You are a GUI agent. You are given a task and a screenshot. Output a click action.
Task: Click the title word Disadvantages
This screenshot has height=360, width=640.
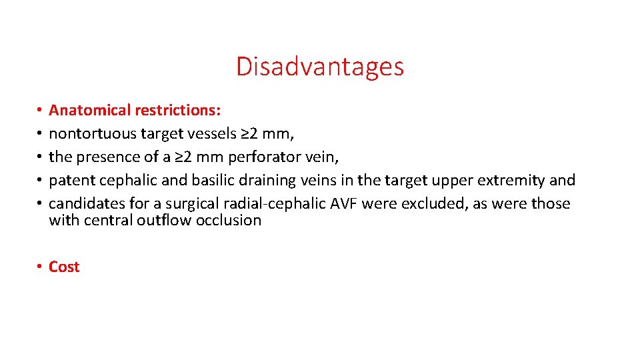[x=319, y=67]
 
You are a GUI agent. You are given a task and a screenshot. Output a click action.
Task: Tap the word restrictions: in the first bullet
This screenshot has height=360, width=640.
[x=178, y=110]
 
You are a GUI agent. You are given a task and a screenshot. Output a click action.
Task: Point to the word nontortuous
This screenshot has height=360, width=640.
[x=92, y=133]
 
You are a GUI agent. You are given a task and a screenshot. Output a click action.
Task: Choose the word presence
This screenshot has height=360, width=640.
[x=107, y=157]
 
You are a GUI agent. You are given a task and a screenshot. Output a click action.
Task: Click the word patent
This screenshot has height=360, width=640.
[x=71, y=181]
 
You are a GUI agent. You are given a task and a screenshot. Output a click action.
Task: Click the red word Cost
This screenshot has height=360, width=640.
[x=64, y=267]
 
